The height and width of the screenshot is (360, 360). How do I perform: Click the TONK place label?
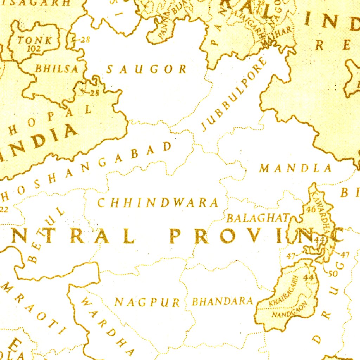34,40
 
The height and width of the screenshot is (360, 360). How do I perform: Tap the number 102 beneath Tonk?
33,49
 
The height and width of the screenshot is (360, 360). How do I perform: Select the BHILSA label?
56,69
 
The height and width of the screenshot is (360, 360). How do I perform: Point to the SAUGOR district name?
146,69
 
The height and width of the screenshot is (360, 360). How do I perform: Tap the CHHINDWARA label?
158,203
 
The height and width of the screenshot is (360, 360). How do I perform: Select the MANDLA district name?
295,169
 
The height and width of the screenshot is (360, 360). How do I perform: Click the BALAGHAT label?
258,218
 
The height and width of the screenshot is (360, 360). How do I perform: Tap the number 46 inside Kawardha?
311,210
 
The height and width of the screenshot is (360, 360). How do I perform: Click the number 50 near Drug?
333,274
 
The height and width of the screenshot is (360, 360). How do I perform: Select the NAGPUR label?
147,302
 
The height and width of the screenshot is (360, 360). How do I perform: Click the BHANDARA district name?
222,301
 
